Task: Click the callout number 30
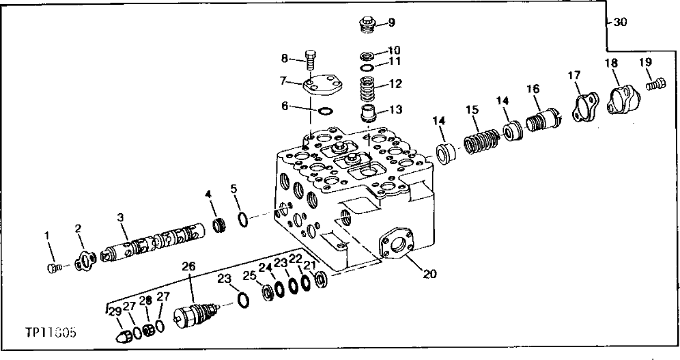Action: pyautogui.click(x=619, y=23)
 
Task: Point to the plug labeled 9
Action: pyautogui.click(x=368, y=25)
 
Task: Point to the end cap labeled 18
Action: pyautogui.click(x=622, y=96)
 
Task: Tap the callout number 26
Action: pyautogui.click(x=188, y=266)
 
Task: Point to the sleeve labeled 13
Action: pyautogui.click(x=369, y=113)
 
